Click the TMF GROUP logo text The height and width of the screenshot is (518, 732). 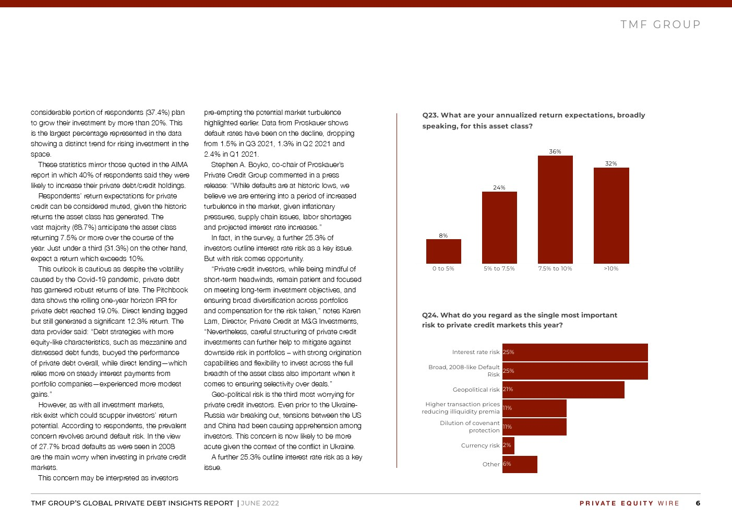pos(661,25)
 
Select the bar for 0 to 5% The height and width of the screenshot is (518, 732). pos(443,251)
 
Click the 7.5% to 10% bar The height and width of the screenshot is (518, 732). pos(555,209)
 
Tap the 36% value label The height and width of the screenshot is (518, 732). pos(555,151)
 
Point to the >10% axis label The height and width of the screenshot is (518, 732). pos(611,268)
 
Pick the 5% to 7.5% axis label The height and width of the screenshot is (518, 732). pos(499,268)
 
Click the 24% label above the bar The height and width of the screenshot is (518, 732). pos(499,187)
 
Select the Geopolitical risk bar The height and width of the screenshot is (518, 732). pos(563,390)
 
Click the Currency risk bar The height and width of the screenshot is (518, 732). pos(508,445)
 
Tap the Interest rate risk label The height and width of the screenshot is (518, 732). pos(476,352)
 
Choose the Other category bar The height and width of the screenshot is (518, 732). pos(520,464)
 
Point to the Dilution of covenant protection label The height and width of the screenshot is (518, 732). pos(470,427)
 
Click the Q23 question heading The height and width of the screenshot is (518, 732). pos(533,120)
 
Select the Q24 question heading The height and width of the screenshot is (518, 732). pos(520,320)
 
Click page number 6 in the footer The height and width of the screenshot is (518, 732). pos(698,503)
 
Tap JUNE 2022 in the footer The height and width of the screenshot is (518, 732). pos(260,503)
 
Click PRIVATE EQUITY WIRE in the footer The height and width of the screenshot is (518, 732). pos(629,503)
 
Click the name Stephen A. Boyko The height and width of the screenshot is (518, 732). pos(240,164)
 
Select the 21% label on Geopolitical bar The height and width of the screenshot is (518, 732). pos(508,389)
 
